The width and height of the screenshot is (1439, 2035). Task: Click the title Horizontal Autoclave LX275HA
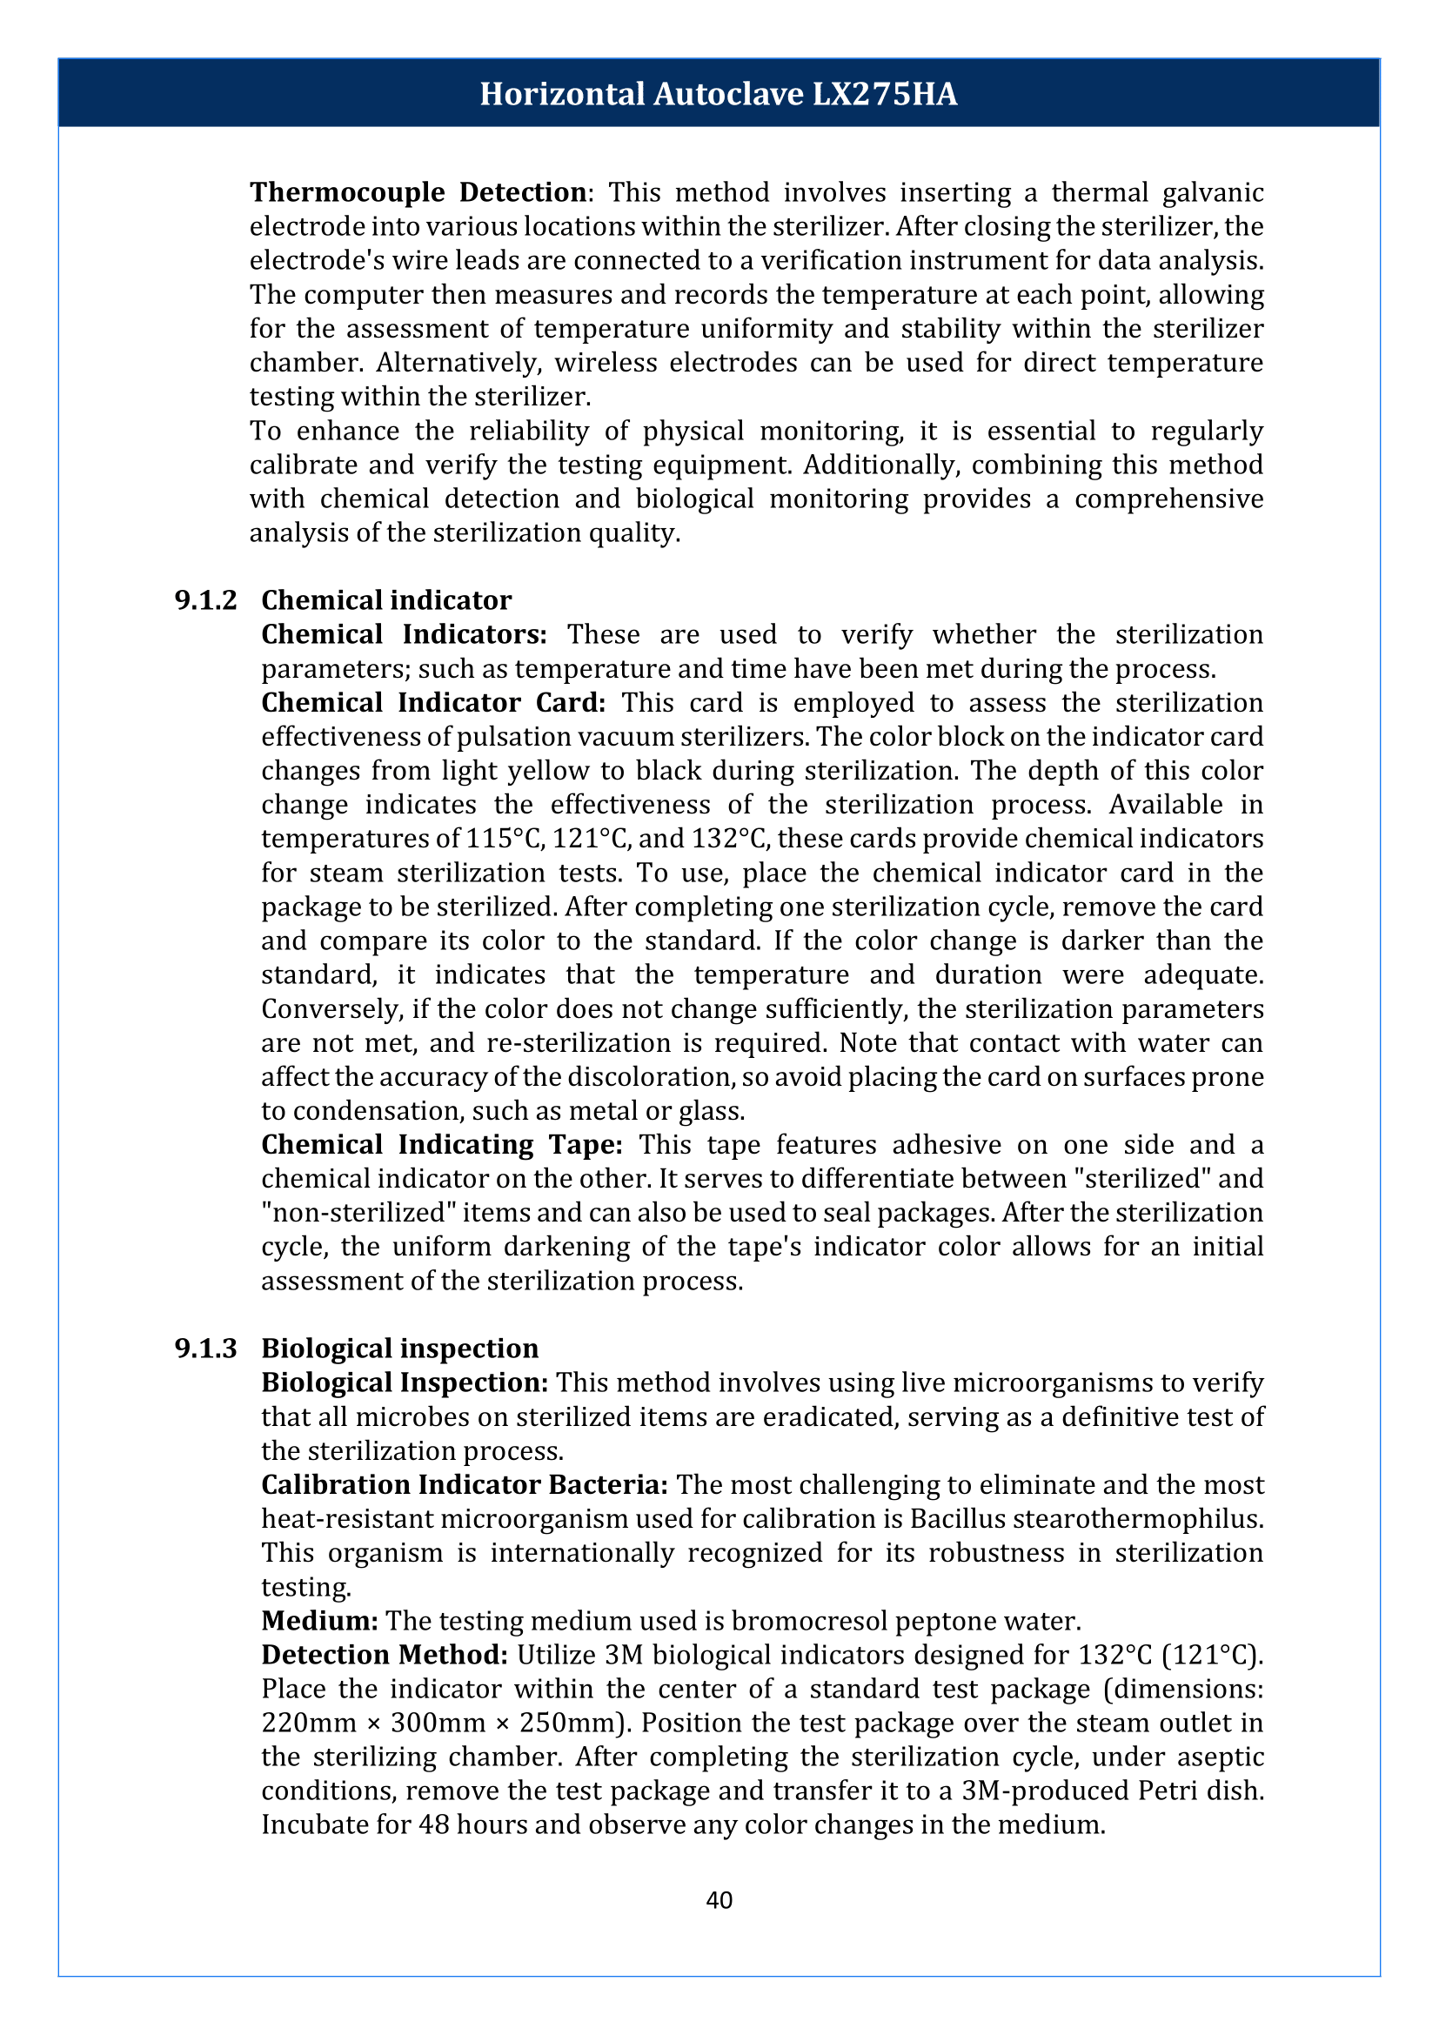pyautogui.click(x=719, y=94)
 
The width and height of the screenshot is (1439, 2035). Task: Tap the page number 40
pyautogui.click(x=719, y=1899)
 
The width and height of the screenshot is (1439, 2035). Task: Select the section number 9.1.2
pyautogui.click(x=205, y=600)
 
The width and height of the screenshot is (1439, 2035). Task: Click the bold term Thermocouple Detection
pyautogui.click(x=418, y=192)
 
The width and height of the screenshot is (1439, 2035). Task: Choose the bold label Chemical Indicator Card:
pyautogui.click(x=433, y=702)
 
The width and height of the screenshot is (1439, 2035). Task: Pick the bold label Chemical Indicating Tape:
pyautogui.click(x=442, y=1144)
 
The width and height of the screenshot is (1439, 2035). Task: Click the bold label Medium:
pyautogui.click(x=320, y=1620)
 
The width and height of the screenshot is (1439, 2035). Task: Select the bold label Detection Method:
pyautogui.click(x=385, y=1654)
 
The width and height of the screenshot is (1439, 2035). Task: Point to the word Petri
pyautogui.click(x=1179, y=1791)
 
